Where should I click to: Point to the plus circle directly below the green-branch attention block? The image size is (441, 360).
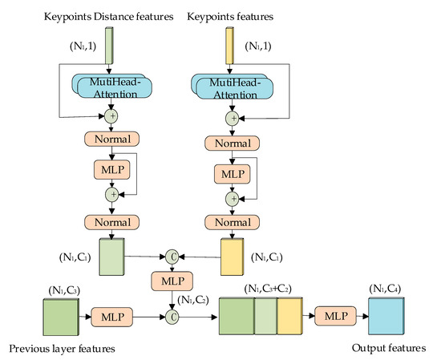[x=112, y=116]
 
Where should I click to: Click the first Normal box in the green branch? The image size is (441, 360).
[x=112, y=138]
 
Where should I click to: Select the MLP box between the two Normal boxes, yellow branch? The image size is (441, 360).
[x=230, y=174]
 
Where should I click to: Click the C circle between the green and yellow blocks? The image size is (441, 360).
[x=172, y=257]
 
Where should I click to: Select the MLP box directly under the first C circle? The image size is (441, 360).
[x=172, y=282]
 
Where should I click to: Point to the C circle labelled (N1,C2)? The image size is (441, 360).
[x=172, y=314]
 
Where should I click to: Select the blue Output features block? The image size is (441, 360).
[x=388, y=314]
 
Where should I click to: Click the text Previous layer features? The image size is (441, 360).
[x=63, y=349]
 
